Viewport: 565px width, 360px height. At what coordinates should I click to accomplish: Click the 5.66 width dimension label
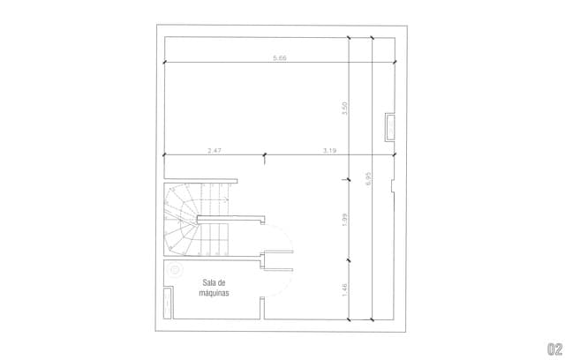[x=280, y=57]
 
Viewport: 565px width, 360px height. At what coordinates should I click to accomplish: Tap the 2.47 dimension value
[x=215, y=151]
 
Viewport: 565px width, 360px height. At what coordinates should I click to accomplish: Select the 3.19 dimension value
[x=329, y=151]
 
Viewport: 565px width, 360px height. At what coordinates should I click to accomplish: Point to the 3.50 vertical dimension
[x=344, y=109]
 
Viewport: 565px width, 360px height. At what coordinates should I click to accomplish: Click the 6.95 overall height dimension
[x=368, y=178]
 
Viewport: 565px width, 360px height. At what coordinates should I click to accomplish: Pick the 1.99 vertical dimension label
[x=344, y=220]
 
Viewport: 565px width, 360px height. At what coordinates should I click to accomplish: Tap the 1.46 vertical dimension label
[x=344, y=290]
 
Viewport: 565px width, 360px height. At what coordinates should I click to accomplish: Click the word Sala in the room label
[x=208, y=282]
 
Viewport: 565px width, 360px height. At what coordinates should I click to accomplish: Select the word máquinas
[x=214, y=293]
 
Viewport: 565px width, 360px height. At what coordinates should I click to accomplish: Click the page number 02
[x=555, y=349]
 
